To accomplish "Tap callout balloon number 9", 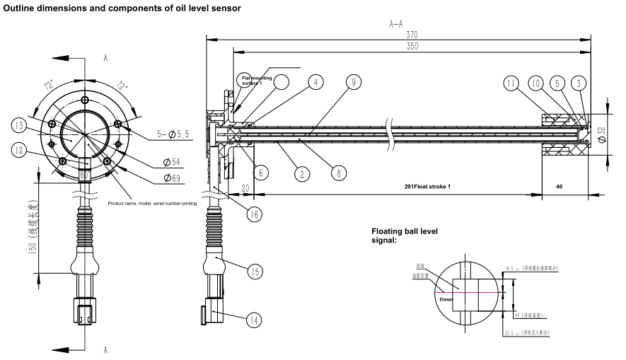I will pos(352,82).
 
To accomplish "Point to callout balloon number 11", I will pos(512,82).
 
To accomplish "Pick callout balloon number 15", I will pos(254,270).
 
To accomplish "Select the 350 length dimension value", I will pos(411,46).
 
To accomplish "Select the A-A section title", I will pos(397,23).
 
